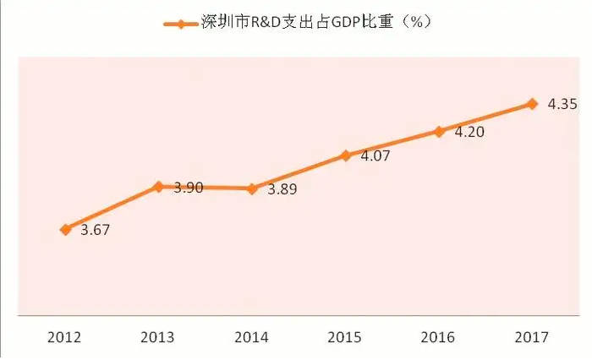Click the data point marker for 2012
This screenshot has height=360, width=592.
tap(65, 229)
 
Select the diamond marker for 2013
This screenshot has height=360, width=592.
tap(158, 187)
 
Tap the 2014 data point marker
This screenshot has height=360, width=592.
tap(252, 188)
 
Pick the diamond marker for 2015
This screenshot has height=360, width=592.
tap(345, 155)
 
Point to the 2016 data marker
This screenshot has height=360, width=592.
tap(439, 131)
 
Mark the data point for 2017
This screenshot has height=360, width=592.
tap(532, 104)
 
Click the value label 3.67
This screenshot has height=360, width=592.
tap(95, 230)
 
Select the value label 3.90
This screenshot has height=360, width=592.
tap(189, 188)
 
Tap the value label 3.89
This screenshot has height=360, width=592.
tap(282, 189)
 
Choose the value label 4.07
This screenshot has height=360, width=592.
tap(375, 156)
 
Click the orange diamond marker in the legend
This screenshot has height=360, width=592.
tap(181, 23)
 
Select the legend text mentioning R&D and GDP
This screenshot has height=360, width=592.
tap(317, 23)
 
